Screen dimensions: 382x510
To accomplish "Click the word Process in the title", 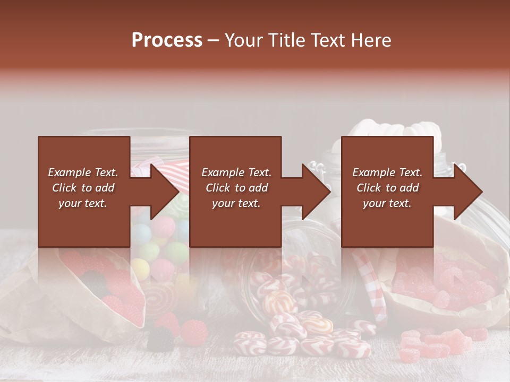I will pos(167,40).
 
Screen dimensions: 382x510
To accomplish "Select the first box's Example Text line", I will pos(83,172).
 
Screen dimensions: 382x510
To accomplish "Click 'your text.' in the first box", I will pos(83,203).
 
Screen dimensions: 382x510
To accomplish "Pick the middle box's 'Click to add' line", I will pos(236,188).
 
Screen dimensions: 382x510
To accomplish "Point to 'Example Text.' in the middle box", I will pos(236,172).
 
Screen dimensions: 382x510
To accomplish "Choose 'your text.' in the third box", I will pos(387,203).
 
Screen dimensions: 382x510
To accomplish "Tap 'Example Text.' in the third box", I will pos(387,172).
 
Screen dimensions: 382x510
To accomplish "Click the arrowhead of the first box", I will pos(165,192).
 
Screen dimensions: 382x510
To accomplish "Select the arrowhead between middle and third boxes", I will pos(316,192).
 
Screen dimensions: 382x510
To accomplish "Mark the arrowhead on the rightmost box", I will pos(467,192).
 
